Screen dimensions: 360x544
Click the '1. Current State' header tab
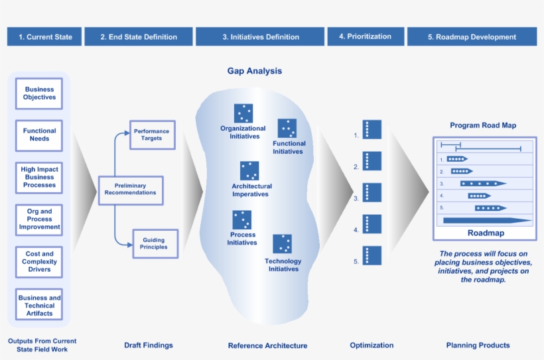click(x=45, y=36)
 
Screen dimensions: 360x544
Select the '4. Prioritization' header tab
click(x=365, y=36)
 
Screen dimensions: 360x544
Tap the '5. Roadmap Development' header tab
click(x=472, y=36)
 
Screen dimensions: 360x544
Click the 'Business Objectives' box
click(x=40, y=93)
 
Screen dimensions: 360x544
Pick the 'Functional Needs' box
click(x=40, y=135)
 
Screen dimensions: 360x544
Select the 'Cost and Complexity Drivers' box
click(x=40, y=261)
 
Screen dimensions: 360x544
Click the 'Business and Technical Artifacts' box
click(x=40, y=305)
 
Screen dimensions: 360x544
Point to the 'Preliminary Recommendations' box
click(x=130, y=189)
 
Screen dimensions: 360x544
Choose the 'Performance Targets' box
click(x=151, y=135)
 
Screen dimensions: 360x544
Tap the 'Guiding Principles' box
click(x=154, y=243)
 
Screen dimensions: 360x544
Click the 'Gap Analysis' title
click(x=255, y=71)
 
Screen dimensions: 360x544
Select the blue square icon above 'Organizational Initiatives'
click(x=243, y=113)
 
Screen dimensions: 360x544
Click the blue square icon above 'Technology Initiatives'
click(x=283, y=244)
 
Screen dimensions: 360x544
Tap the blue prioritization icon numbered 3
click(x=372, y=192)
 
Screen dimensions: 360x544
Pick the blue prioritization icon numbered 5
click(x=372, y=255)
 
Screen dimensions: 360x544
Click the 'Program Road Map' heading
click(x=482, y=125)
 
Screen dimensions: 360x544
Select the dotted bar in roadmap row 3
click(x=482, y=183)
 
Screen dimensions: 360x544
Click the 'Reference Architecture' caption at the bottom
click(x=267, y=345)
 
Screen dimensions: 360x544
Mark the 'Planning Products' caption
click(x=478, y=345)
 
